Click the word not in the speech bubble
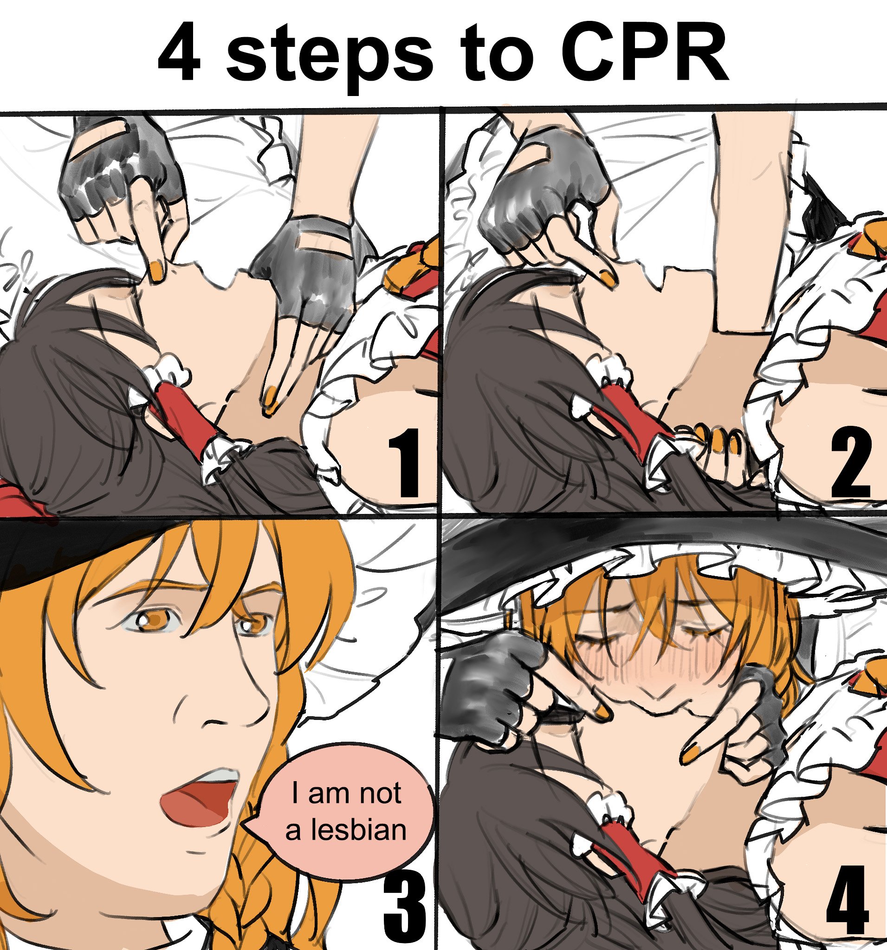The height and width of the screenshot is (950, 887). click(380, 793)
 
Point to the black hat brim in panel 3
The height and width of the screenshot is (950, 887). click(38, 550)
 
